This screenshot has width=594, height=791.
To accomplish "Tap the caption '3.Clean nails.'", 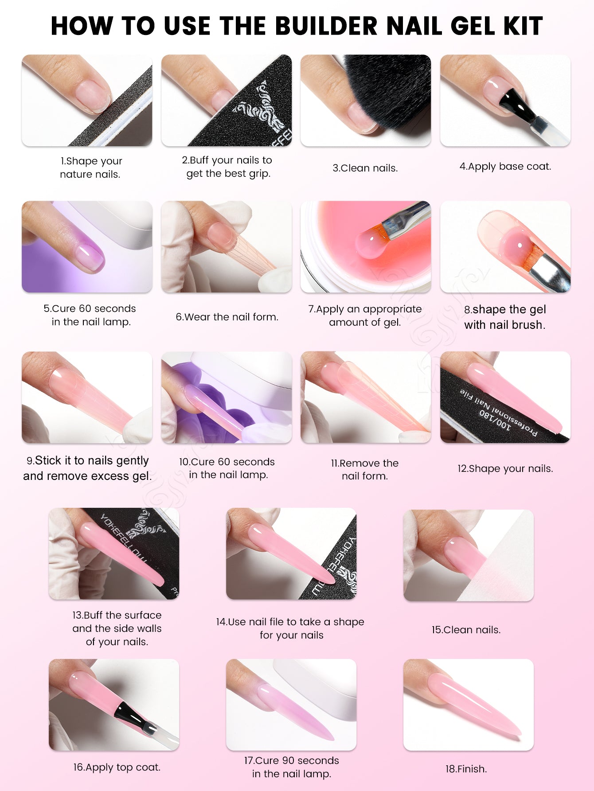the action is [x=365, y=168].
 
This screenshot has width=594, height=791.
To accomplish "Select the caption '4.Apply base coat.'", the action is [x=505, y=167].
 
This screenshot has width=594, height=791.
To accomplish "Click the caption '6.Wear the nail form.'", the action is [x=227, y=317].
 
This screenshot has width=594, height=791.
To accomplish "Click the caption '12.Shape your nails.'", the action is [x=505, y=468].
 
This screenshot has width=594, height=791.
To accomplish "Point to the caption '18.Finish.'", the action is [x=466, y=769].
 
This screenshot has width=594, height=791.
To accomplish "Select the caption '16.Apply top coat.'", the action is [x=117, y=767].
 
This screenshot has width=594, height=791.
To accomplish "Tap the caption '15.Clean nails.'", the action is [x=466, y=630].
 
